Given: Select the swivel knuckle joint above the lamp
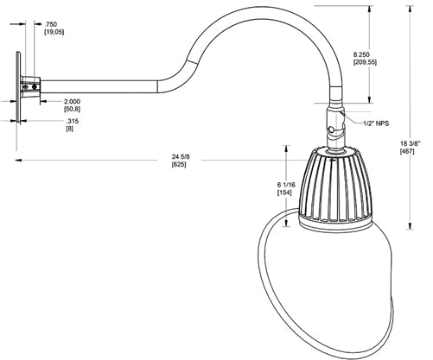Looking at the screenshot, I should coord(333,122).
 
